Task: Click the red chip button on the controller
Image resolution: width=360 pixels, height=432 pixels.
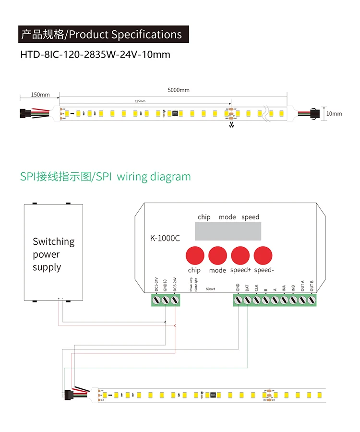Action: (194, 254)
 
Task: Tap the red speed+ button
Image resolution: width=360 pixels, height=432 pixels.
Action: (240, 254)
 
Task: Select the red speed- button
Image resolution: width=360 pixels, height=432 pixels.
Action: (264, 254)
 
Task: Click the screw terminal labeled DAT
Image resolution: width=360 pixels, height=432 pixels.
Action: (247, 300)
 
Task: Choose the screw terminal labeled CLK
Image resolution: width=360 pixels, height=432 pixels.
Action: (256, 300)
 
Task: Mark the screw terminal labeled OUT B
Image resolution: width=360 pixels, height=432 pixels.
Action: (312, 300)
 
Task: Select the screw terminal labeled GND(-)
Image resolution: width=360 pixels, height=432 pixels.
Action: (166, 300)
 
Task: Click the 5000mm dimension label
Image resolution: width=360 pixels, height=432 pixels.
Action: (179, 90)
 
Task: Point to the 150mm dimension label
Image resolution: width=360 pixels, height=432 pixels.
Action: (40, 95)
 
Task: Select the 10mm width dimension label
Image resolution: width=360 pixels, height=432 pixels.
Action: (334, 114)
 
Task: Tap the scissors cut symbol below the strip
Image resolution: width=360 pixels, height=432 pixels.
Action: (231, 125)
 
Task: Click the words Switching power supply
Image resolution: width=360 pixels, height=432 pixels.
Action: (53, 254)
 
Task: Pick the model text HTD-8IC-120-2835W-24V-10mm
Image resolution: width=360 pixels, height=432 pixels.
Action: (95, 54)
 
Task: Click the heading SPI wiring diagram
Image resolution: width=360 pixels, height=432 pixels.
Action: (105, 177)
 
